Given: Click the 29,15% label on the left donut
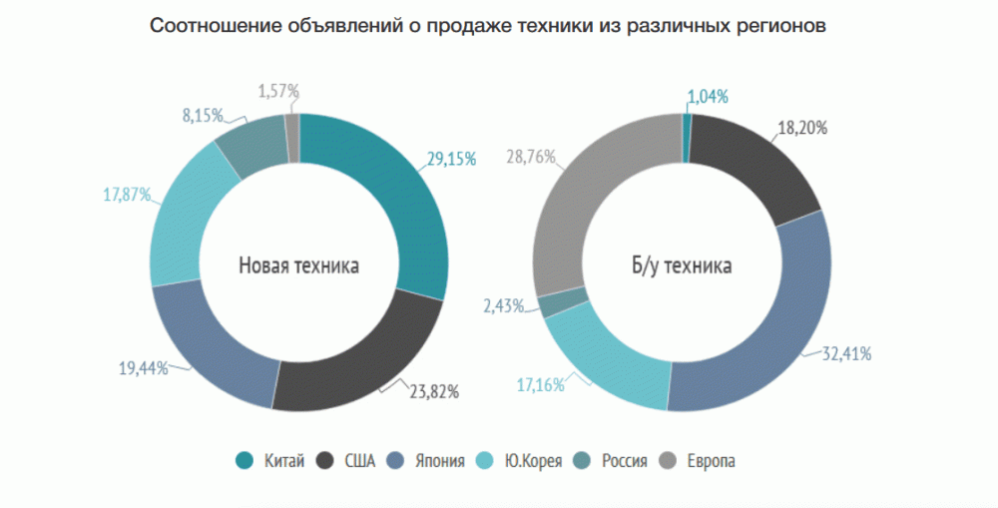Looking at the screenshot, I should coord(452,159).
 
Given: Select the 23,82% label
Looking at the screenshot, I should coord(435,392).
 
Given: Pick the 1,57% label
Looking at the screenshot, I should coord(279,92).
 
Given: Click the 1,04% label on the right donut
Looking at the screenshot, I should coord(708,97).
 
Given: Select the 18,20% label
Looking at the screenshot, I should coord(804,128).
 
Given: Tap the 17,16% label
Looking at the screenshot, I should coord(539,383).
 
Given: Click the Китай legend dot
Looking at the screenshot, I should coord(244,461).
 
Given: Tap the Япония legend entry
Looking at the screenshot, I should coord(440,461).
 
